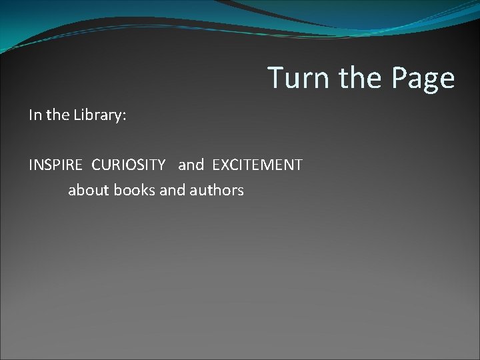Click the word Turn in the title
pos(299,78)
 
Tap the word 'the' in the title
pos(361,78)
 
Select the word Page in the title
pos(423,78)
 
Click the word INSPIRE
pos(57,165)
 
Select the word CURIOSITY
pos(128,165)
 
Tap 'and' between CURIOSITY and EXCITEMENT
pos(191,165)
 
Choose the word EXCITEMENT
pos(257,165)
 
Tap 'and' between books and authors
pos(173,190)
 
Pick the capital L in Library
pos(76,115)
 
